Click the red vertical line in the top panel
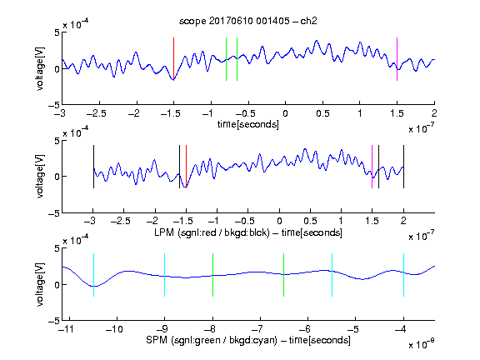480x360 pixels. tap(173, 59)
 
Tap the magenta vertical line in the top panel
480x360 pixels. tap(397, 59)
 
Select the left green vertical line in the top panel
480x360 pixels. tap(226, 59)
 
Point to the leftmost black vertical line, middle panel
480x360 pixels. tap(93, 167)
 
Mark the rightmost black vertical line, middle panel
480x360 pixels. tap(403, 167)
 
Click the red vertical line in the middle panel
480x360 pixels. tap(186, 167)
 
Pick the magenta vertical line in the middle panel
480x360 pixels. tap(372, 167)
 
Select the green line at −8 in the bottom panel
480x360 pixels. tap(212, 275)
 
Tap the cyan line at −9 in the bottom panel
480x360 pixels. tap(164, 275)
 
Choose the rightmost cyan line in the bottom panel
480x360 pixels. tap(403, 275)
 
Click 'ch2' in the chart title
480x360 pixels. tap(308, 21)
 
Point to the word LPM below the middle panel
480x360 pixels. tap(164, 232)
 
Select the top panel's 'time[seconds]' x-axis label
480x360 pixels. tap(248, 124)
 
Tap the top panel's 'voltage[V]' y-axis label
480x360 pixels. tap(40, 68)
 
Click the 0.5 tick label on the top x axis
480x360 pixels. tap(322, 113)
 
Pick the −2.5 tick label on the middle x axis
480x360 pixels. tap(121, 221)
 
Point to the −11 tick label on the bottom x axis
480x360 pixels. tap(66, 329)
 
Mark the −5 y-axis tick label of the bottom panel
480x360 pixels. tap(54, 321)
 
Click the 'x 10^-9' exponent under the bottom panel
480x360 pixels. tap(422, 344)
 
